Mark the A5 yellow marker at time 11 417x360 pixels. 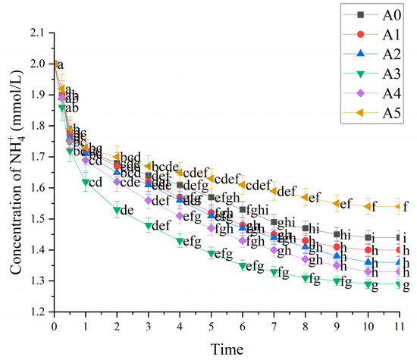399,206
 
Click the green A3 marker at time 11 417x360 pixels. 399,284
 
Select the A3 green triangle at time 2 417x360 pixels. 117,210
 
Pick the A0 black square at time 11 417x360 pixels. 399,237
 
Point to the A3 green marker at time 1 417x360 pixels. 85,182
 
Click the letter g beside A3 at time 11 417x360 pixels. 406,286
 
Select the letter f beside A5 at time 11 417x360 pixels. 406,205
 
